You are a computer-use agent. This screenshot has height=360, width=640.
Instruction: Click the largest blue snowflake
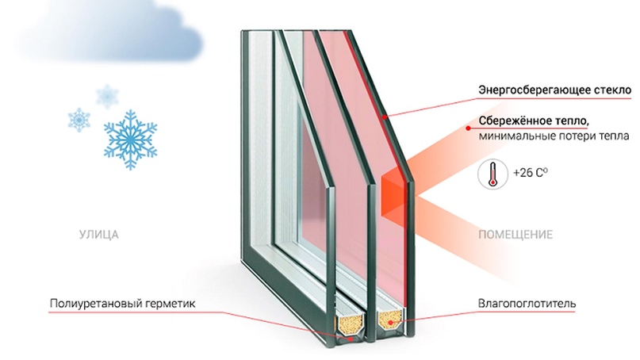coord(130,140)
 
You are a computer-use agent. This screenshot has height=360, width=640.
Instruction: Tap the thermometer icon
coord(492,174)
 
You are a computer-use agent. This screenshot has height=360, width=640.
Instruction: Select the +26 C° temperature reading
coord(530,173)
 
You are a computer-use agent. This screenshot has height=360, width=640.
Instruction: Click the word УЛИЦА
coord(99,235)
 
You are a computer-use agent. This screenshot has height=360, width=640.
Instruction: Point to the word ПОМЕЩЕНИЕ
coord(515,235)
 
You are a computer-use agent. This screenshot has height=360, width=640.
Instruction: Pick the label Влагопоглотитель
coord(527,304)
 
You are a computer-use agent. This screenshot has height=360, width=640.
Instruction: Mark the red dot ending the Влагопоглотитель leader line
coord(391,323)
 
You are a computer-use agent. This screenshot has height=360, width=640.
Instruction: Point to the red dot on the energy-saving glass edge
coord(384,117)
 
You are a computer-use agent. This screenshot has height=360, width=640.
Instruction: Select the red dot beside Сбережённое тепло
coord(468,128)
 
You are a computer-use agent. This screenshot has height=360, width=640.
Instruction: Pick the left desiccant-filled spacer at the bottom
coord(350,324)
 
